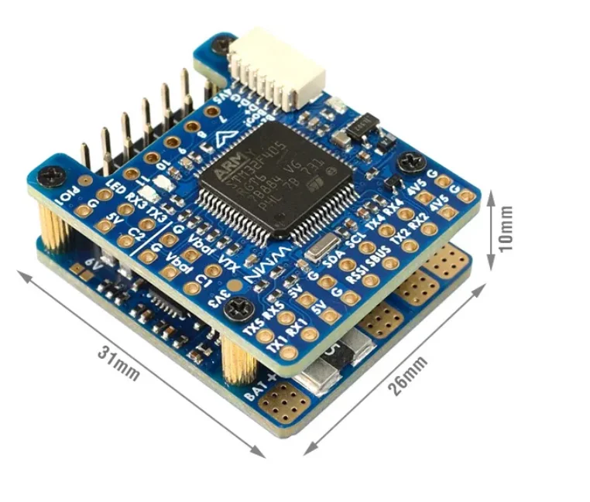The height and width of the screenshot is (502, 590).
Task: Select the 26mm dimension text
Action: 406,375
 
